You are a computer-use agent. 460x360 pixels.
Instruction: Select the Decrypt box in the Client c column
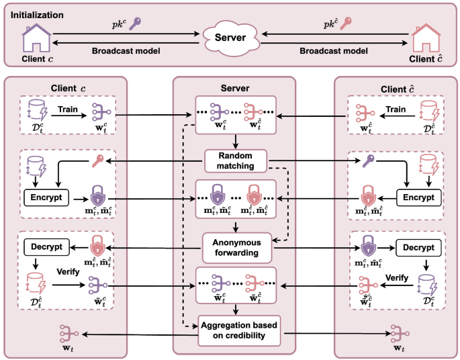point(46,246)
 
